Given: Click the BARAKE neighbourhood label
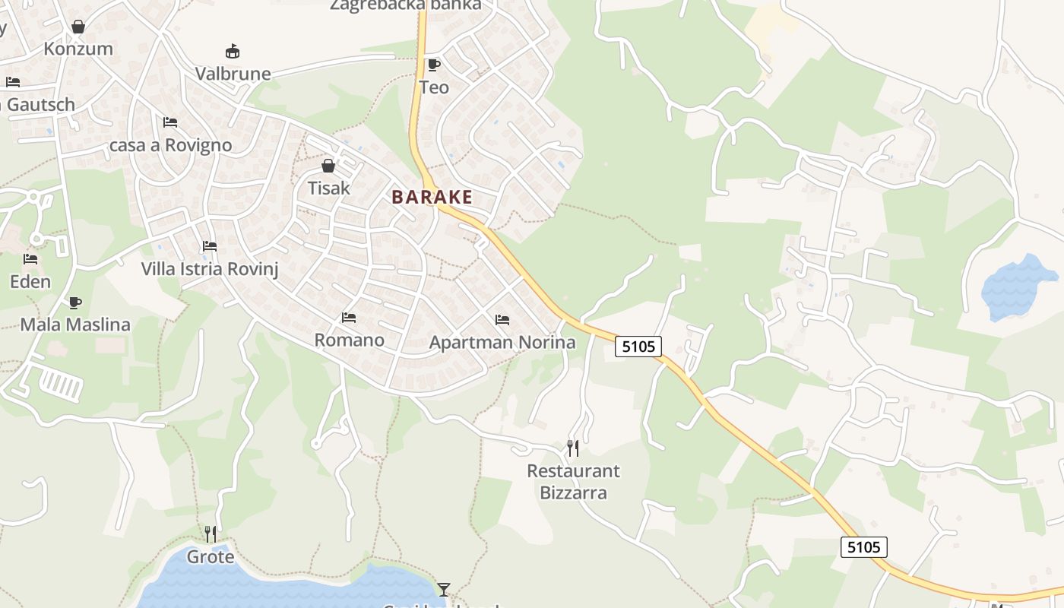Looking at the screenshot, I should tap(432, 198).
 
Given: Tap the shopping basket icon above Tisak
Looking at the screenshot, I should tap(328, 165).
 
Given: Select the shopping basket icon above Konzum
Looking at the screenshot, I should tap(78, 27).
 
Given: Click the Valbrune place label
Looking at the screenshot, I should tap(233, 74).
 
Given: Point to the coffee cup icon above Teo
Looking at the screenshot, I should tap(434, 65).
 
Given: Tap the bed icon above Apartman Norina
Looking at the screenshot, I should tap(502, 320).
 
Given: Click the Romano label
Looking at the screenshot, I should tap(350, 340).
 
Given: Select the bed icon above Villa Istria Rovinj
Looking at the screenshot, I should tap(210, 246).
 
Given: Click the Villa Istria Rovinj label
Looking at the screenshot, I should tap(210, 268).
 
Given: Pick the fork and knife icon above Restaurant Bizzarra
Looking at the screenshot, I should tap(573, 448).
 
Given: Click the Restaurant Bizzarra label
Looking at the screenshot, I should tap(573, 482).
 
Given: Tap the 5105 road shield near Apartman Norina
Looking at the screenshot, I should tap(638, 347).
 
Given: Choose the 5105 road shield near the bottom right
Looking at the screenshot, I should tap(864, 546).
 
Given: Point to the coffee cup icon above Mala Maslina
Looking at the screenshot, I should tap(74, 302).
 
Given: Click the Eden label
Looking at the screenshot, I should tap(30, 281).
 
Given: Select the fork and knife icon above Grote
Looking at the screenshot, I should tap(211, 534).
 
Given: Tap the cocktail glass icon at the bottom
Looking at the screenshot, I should tap(444, 589).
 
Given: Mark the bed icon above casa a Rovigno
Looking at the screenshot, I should tap(170, 122).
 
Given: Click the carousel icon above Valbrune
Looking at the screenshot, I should tap(233, 52).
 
